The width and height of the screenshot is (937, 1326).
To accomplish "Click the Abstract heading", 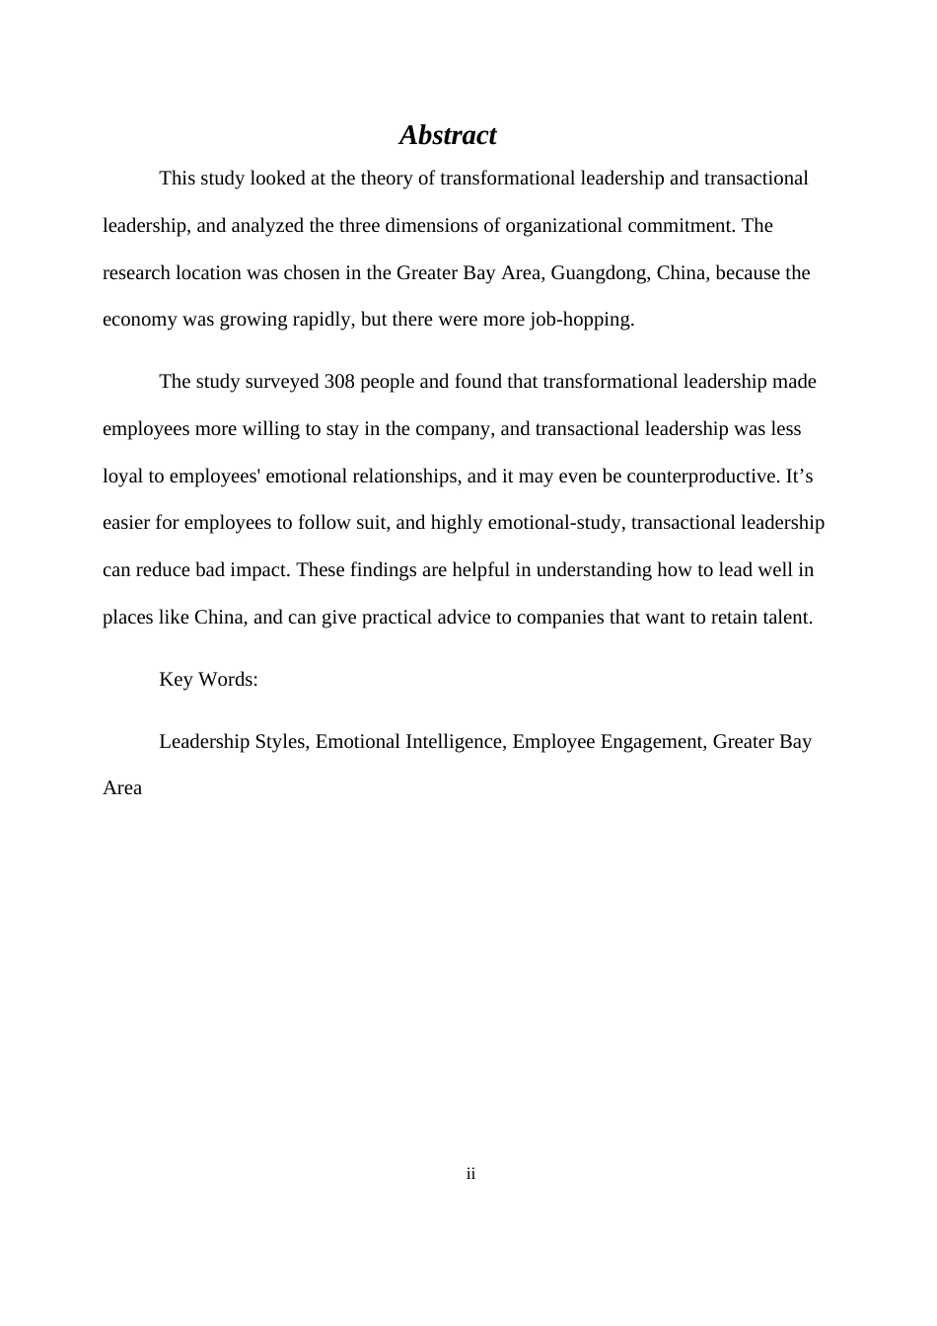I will click(447, 135).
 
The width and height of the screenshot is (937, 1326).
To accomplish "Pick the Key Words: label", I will click(208, 680).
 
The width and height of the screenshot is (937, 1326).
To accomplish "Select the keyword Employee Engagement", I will click(607, 742).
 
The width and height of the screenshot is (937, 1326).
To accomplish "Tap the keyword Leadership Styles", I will click(232, 742).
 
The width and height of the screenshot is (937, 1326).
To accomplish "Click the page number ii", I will click(470, 1174).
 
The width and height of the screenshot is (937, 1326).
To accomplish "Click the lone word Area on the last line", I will click(122, 788).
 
